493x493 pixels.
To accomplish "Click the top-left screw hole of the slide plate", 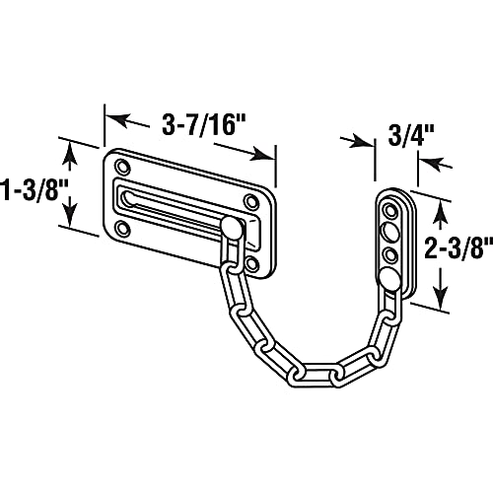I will point(121,164).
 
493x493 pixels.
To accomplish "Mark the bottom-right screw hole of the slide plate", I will point(252,263).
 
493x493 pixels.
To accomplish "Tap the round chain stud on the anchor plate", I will point(391,279).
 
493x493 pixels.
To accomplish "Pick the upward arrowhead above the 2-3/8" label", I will point(441,206).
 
